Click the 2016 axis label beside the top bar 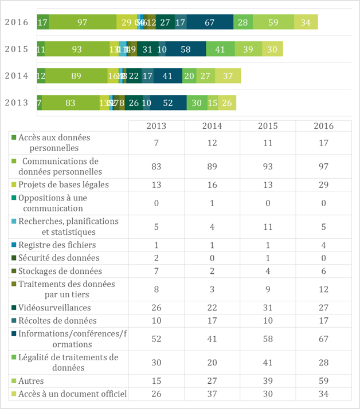tap(16, 22)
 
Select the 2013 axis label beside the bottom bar tap(16, 103)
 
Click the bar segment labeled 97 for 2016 tap(82, 22)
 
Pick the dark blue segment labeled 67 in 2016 tap(209, 22)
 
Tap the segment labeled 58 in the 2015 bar tap(186, 49)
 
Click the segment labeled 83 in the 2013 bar tap(71, 103)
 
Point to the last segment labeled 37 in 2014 tap(228, 76)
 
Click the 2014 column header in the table tap(212, 126)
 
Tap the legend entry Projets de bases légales tap(63, 184)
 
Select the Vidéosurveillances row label tap(54, 308)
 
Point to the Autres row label tap(31, 380)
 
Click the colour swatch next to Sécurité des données tap(13, 258)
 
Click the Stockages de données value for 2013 tap(157, 270)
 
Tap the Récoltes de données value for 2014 tap(212, 320)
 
